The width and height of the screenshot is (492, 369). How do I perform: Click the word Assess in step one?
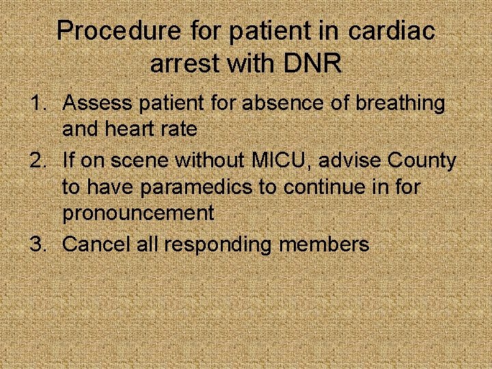(x=95, y=104)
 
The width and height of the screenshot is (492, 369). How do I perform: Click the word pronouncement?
(x=138, y=213)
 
